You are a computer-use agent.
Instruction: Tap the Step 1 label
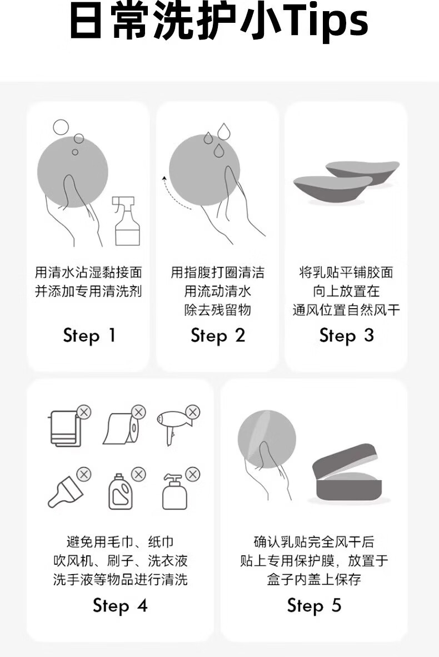[x=89, y=336]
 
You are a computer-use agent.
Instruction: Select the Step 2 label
[x=218, y=336]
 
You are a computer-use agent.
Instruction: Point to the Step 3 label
[x=347, y=336]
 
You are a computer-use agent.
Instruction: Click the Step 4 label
[x=120, y=606]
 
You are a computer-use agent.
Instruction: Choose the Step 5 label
[x=315, y=606]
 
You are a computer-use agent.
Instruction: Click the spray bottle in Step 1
[x=127, y=221]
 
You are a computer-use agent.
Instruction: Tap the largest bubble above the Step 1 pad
[x=61, y=127]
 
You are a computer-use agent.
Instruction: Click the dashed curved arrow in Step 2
[x=174, y=195]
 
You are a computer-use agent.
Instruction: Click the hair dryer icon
[x=174, y=427]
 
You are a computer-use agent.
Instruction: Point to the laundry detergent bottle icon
[x=121, y=492]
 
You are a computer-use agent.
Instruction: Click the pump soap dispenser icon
[x=174, y=492]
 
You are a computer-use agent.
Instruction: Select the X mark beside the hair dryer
[x=193, y=412]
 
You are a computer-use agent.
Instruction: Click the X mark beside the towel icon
[x=84, y=412]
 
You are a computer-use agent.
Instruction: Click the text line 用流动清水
[x=218, y=291]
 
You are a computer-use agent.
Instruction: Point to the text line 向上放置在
[x=347, y=291]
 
